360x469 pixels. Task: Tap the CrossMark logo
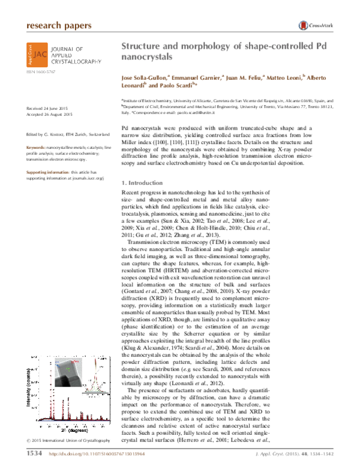[x=315, y=26]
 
